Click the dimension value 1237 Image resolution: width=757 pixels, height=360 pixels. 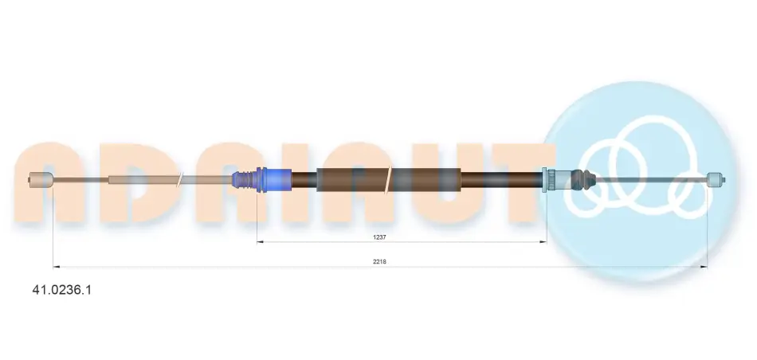379,237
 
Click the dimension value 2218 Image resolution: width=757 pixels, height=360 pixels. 379,261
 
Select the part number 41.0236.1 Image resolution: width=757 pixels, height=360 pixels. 61,290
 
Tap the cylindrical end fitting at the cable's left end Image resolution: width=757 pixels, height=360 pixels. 40,180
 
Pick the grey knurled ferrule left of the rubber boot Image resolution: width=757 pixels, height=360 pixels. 551,180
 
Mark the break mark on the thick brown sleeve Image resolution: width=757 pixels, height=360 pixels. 389,179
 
